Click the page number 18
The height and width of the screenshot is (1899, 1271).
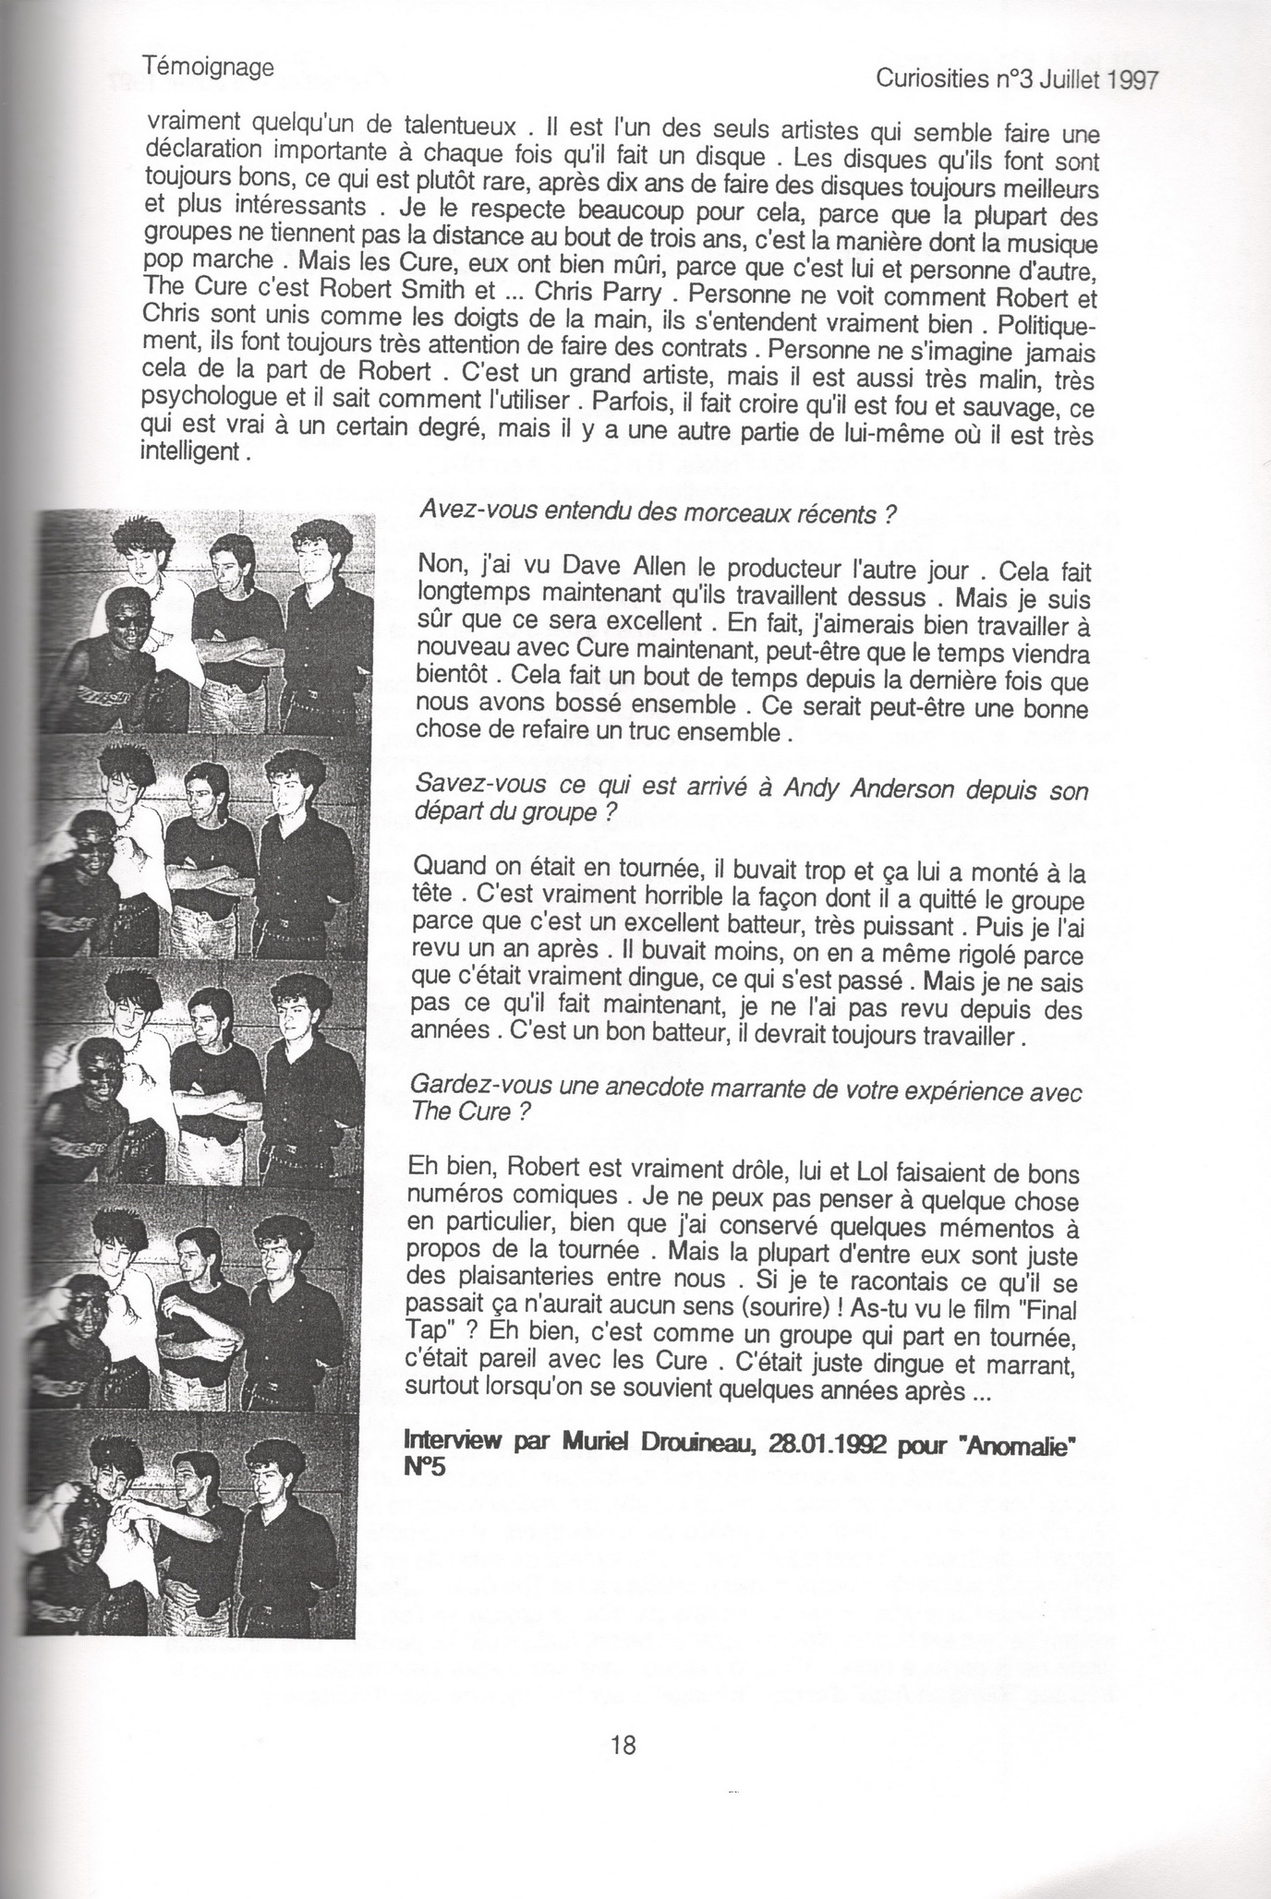click(623, 1745)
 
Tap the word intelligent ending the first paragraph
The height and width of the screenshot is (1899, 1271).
click(192, 453)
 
